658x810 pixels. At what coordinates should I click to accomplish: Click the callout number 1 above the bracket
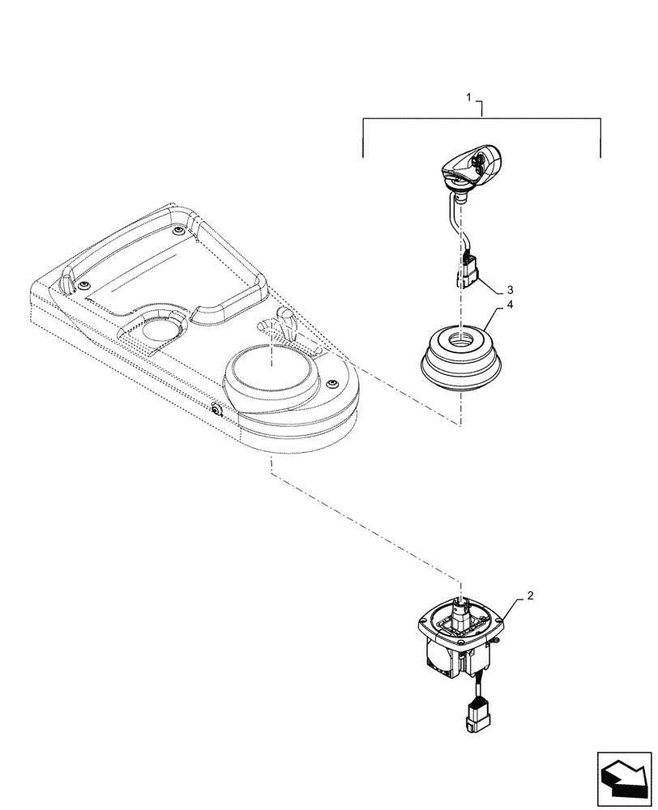(x=468, y=97)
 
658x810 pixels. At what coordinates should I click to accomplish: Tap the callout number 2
(x=530, y=595)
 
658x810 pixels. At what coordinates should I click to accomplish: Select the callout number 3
(x=510, y=289)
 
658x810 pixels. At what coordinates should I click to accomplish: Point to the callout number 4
(x=510, y=305)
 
